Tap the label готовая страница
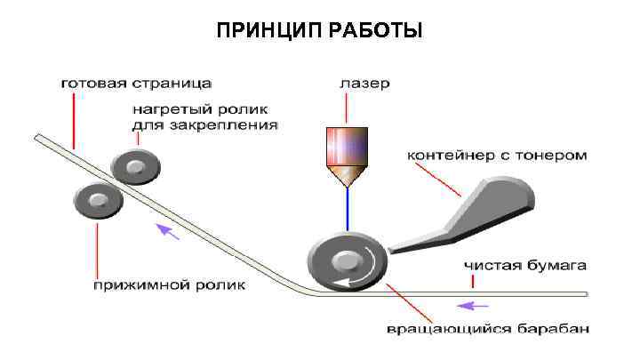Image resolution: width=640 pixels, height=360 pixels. point(135,84)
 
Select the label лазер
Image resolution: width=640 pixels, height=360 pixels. point(364,84)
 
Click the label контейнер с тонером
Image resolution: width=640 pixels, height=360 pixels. point(497,155)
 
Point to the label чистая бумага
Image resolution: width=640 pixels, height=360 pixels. point(524,265)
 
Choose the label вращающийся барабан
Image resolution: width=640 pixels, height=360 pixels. point(486,331)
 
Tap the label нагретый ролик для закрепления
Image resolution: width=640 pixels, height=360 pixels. point(204,118)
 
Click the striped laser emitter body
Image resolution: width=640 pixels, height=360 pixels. point(346,146)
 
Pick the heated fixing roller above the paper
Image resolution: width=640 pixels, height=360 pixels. point(135,164)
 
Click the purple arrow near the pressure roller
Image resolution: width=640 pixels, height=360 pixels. point(168,233)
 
